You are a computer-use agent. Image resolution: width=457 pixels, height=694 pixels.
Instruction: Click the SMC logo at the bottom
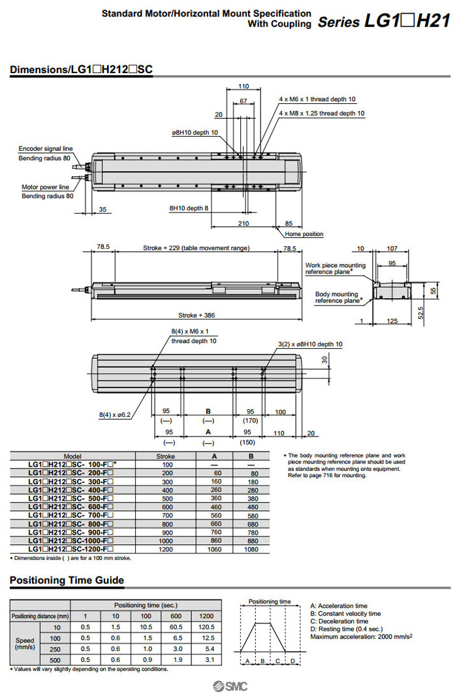coord(228,685)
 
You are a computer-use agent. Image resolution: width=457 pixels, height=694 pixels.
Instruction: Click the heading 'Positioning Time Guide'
coord(67,580)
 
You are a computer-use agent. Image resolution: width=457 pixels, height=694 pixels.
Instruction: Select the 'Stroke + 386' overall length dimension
coord(196,314)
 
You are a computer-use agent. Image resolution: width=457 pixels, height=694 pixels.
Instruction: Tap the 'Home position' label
coord(304,234)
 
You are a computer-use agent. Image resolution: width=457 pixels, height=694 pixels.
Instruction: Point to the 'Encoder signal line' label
coord(46,148)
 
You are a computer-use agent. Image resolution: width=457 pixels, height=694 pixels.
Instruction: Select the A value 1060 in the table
coord(208,550)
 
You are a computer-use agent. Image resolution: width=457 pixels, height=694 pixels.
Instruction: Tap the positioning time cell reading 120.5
coord(206,626)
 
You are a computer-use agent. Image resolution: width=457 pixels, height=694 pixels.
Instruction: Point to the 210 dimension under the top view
coord(244,223)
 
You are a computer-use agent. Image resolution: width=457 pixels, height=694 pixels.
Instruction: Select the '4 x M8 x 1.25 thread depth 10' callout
coord(321,113)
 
